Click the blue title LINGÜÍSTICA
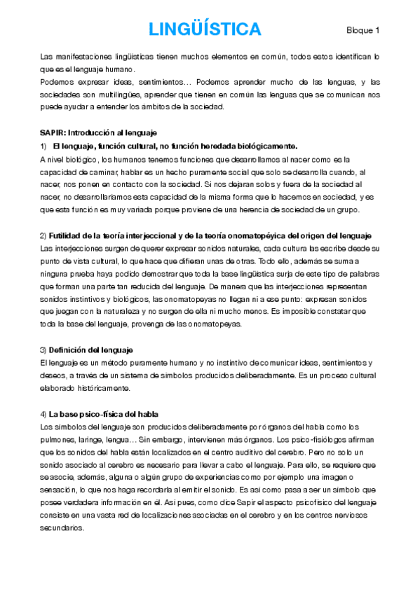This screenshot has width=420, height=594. tap(205, 29)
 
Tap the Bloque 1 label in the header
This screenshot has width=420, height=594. tap(363, 30)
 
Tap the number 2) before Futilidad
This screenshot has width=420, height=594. tap(43, 235)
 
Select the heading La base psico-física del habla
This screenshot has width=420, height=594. tap(104, 413)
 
